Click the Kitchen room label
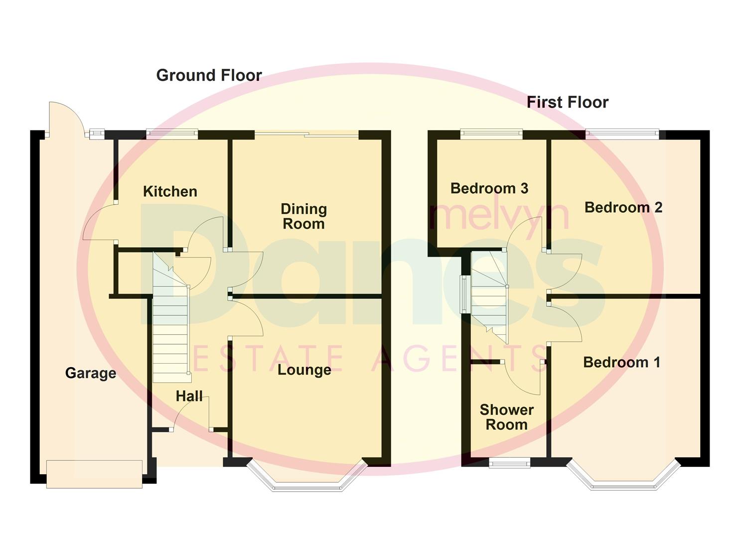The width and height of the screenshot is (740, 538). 170,192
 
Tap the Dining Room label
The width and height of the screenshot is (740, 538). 303,217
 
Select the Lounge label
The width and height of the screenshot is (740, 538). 304,370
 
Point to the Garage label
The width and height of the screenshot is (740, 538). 91,373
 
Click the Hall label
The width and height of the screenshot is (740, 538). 189,397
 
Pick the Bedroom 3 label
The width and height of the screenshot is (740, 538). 489,189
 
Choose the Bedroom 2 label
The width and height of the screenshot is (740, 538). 623,208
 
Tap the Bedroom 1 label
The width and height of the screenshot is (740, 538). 621,363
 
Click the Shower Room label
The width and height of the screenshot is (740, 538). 506,417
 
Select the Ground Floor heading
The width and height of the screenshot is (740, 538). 209,76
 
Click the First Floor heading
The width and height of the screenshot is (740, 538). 568,103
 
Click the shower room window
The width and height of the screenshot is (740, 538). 509,464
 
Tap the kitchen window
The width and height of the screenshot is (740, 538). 172,134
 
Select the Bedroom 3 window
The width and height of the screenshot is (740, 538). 491,134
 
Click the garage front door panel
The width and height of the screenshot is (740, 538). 95,474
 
